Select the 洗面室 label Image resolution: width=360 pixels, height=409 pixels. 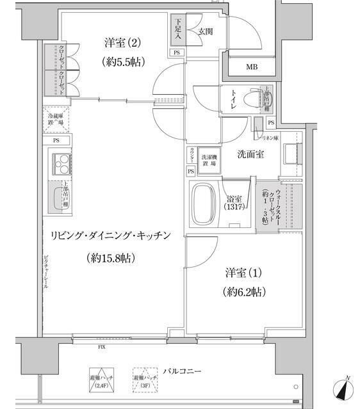pyautogui.click(x=251, y=154)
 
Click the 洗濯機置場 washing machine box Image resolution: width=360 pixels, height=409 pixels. pyautogui.click(x=209, y=160)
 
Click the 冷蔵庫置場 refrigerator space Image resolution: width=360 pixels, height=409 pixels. pyautogui.click(x=55, y=119)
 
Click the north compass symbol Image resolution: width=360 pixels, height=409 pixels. pyautogui.click(x=343, y=389)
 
